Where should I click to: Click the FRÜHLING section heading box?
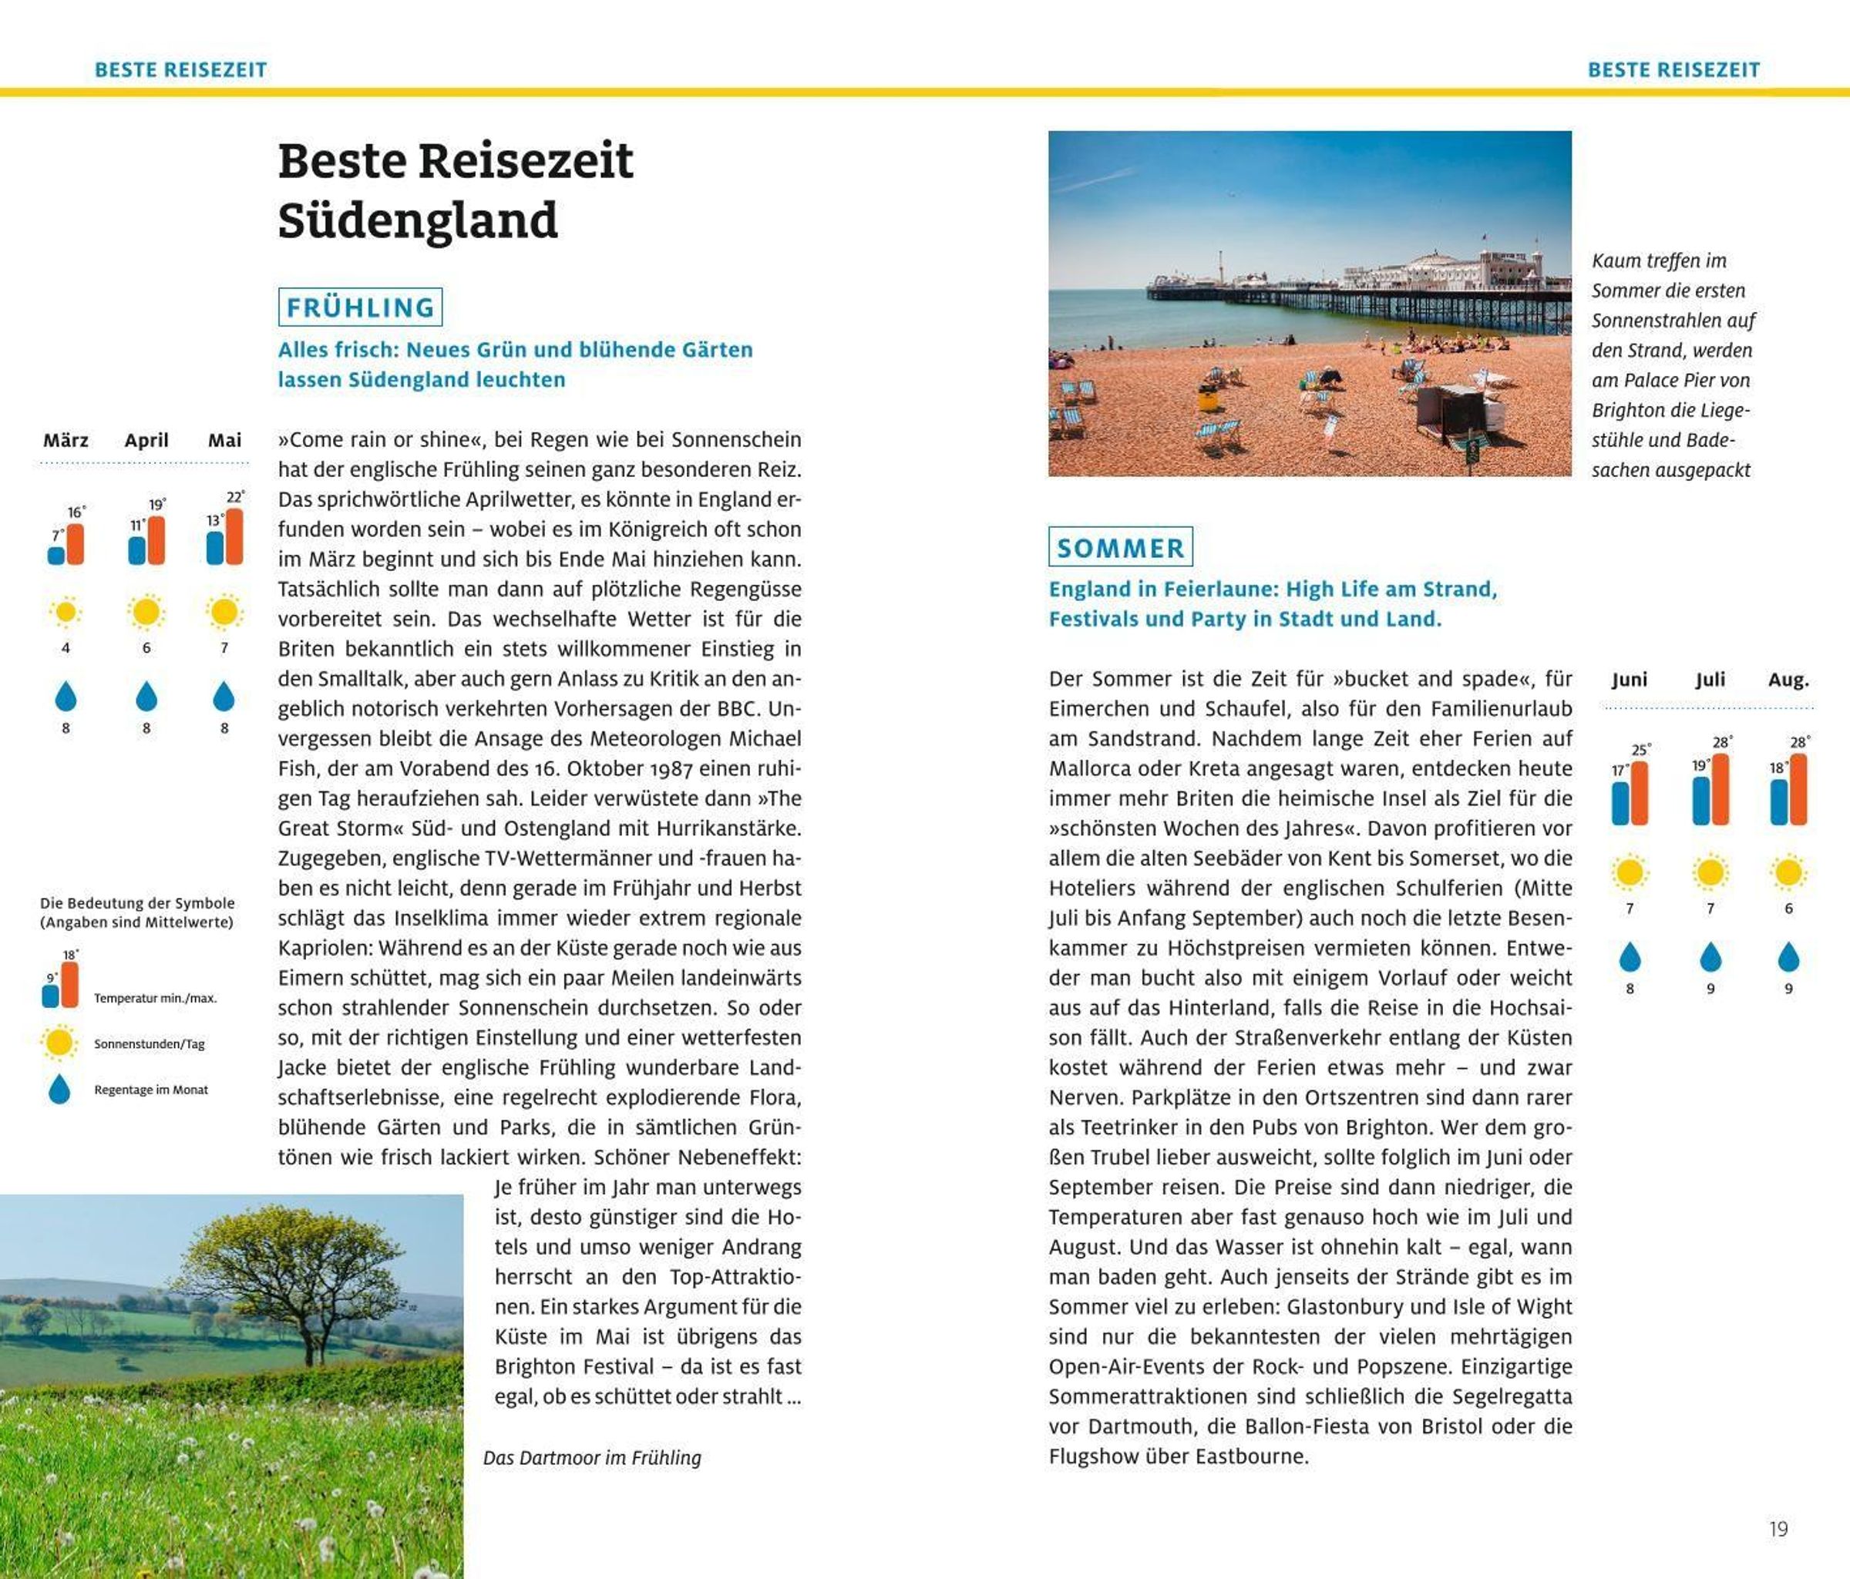point(360,307)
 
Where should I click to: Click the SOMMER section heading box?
point(1120,547)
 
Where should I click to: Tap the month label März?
point(66,440)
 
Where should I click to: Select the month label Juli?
point(1710,679)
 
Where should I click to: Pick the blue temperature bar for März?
point(56,555)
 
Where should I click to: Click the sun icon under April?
point(146,613)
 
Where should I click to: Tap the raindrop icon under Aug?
point(1788,957)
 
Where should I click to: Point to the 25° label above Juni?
point(1641,750)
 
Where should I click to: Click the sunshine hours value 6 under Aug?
point(1788,909)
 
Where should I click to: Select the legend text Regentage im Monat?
point(151,1090)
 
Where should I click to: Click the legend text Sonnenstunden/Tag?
point(149,1043)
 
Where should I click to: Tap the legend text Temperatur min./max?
point(156,998)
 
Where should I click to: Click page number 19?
point(1778,1529)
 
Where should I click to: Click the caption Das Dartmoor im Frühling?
point(592,1457)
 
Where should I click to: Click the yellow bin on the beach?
point(1208,398)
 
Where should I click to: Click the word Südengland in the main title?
point(418,220)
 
